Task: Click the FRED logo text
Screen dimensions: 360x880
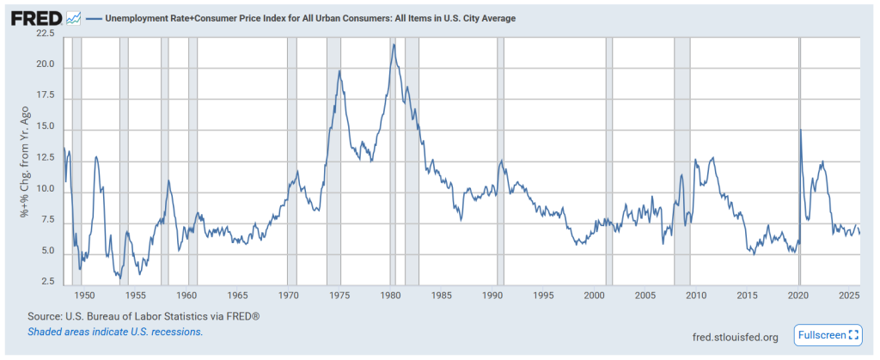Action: pyautogui.click(x=35, y=18)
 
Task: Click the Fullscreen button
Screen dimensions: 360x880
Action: pyautogui.click(x=828, y=334)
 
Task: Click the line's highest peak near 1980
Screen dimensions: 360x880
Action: pyautogui.click(x=394, y=45)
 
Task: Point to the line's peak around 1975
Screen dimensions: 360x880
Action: pyautogui.click(x=339, y=70)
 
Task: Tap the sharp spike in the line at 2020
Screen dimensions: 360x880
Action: pyautogui.click(x=801, y=130)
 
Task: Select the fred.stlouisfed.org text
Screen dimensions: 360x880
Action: pyautogui.click(x=735, y=337)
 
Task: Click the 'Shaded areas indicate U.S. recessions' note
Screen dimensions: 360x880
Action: pyautogui.click(x=115, y=331)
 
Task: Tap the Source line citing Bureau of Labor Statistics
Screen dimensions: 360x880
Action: pyautogui.click(x=144, y=316)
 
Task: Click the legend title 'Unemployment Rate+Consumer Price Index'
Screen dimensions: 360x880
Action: pyautogui.click(x=309, y=18)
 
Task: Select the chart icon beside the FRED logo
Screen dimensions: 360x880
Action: pyautogui.click(x=73, y=18)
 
